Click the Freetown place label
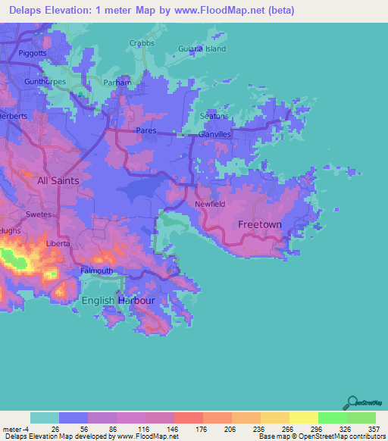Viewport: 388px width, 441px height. [x=260, y=225]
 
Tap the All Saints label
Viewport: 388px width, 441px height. [x=58, y=181]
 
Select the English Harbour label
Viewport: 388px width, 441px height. [x=118, y=301]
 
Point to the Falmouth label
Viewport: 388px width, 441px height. [x=97, y=271]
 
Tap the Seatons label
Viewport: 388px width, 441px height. [x=214, y=117]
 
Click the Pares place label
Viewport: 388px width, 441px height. [x=145, y=130]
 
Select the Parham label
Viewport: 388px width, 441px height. [x=118, y=82]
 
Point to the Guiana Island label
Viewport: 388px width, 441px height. [x=202, y=48]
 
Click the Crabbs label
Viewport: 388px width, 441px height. [x=142, y=43]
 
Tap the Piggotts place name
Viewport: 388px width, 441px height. [x=33, y=53]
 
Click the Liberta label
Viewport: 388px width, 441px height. [x=58, y=244]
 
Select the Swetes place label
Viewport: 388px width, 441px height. [x=39, y=214]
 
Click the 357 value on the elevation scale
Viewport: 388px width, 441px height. [x=372, y=430]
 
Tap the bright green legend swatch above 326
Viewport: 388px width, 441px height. [x=332, y=418]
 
